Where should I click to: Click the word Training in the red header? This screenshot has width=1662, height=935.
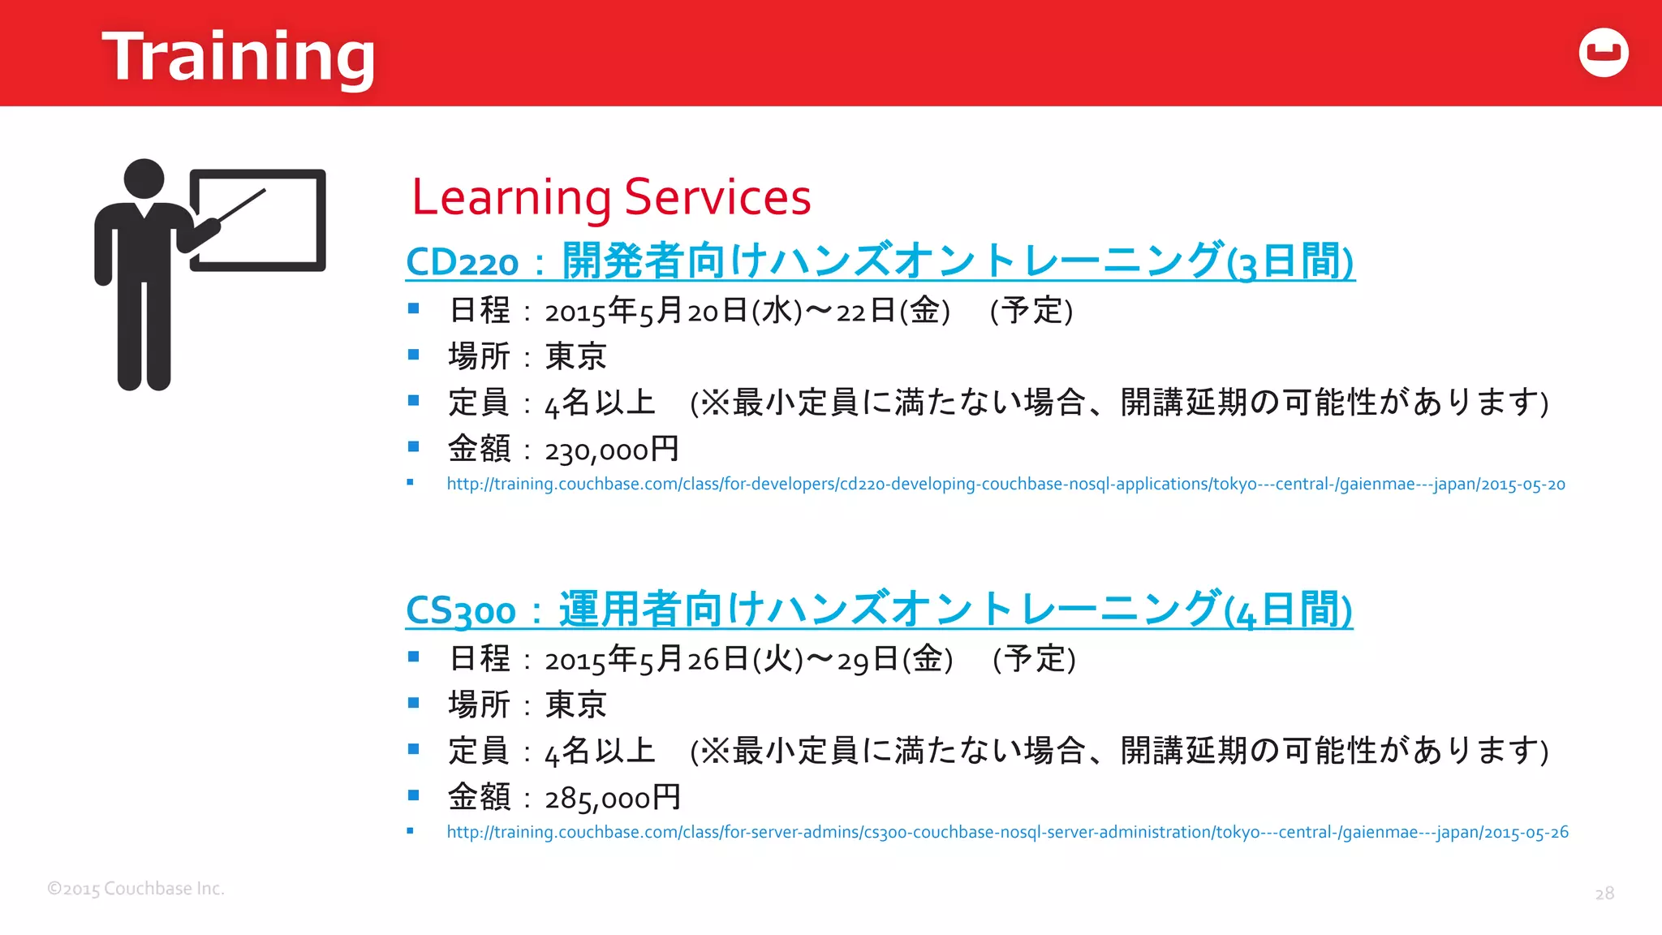pos(238,57)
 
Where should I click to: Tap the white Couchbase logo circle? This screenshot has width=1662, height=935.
pos(1604,53)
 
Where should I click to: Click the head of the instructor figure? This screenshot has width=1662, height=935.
pos(144,179)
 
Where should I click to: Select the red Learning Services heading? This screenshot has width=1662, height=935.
pos(611,197)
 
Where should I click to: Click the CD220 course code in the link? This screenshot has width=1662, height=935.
pos(462,262)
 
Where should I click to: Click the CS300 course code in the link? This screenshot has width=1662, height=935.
pos(460,610)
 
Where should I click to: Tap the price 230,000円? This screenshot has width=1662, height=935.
pos(611,450)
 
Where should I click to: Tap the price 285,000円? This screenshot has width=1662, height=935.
pos(613,798)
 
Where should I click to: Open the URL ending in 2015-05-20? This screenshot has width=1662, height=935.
pos(1005,485)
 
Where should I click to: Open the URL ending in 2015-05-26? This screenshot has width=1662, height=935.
pos(1007,833)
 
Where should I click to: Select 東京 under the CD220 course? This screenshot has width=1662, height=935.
pos(575,356)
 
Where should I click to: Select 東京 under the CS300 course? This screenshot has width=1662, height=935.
pos(575,704)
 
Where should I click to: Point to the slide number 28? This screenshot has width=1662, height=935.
pos(1604,894)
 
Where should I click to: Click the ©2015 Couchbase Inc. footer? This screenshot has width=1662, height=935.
pos(136,889)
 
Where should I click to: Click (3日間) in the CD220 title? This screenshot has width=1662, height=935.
pos(1290,262)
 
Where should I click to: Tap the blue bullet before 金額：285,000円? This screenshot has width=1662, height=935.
pos(413,795)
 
